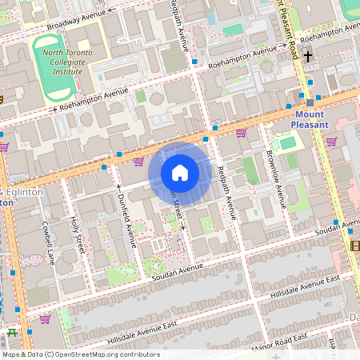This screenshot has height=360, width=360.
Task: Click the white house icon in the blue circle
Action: (x=180, y=172)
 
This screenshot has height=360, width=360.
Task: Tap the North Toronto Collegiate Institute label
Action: (x=57, y=61)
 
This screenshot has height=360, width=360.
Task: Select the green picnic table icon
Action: (x=11, y=332)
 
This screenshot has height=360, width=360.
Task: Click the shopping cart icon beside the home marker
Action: (x=138, y=161)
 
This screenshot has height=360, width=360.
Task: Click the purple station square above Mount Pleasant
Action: (x=310, y=102)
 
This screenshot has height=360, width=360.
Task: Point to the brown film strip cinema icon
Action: (x=354, y=246)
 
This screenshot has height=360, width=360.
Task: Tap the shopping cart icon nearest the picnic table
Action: (x=45, y=318)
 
